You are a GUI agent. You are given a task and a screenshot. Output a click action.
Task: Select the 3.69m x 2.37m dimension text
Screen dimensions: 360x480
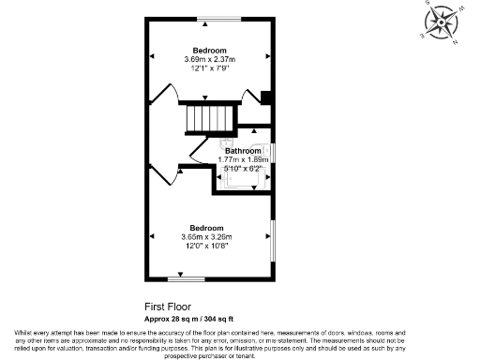pyautogui.click(x=210, y=59)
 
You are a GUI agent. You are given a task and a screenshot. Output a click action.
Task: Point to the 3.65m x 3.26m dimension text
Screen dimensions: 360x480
pyautogui.click(x=206, y=237)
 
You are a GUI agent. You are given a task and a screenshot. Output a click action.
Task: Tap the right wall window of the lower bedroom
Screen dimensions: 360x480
pyautogui.click(x=274, y=241)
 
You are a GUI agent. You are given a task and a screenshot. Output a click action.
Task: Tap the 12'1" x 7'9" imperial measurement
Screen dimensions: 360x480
pyautogui.click(x=210, y=67)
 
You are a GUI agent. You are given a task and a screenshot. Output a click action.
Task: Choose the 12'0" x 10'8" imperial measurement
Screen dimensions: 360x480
pyautogui.click(x=206, y=246)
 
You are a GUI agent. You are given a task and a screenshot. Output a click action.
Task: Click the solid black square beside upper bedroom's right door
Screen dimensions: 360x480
pyautogui.click(x=266, y=96)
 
